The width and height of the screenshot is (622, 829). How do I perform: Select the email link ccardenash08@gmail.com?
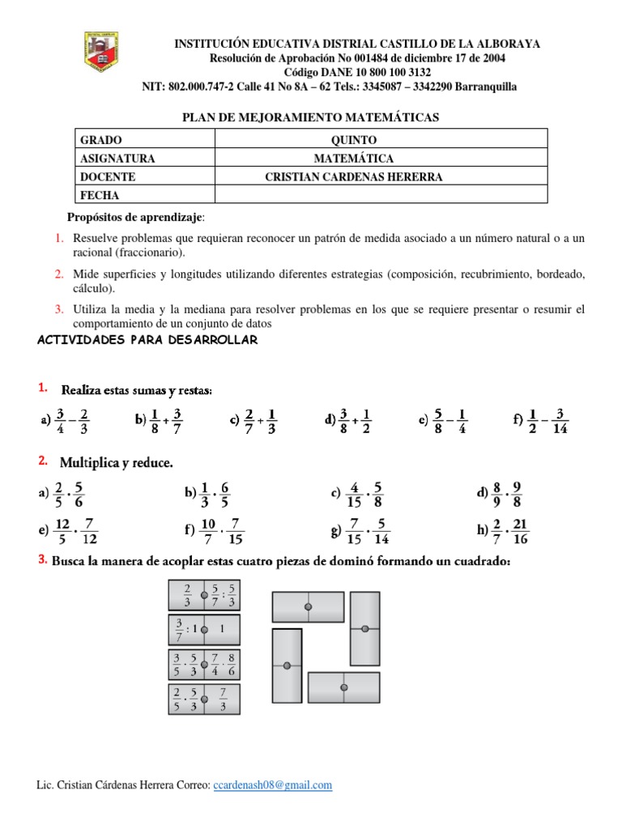[x=273, y=785]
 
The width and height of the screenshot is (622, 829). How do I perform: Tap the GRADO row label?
[x=101, y=140]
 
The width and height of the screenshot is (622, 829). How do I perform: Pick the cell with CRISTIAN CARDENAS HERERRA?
[x=354, y=176]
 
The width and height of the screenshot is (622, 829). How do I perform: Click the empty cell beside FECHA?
[x=381, y=194]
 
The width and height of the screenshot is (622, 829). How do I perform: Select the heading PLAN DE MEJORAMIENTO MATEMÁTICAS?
[x=312, y=117]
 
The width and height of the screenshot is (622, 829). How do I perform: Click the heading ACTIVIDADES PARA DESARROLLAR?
[x=147, y=340]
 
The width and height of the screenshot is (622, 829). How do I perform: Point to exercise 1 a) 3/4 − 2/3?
[x=64, y=419]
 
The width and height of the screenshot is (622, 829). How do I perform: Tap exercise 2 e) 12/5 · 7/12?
[x=68, y=531]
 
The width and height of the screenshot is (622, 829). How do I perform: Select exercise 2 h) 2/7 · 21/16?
[x=504, y=531]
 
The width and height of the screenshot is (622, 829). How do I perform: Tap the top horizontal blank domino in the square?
[x=308, y=606]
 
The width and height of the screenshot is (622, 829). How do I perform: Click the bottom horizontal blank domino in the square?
[x=344, y=687]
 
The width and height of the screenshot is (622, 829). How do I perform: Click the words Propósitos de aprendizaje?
[x=134, y=217]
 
